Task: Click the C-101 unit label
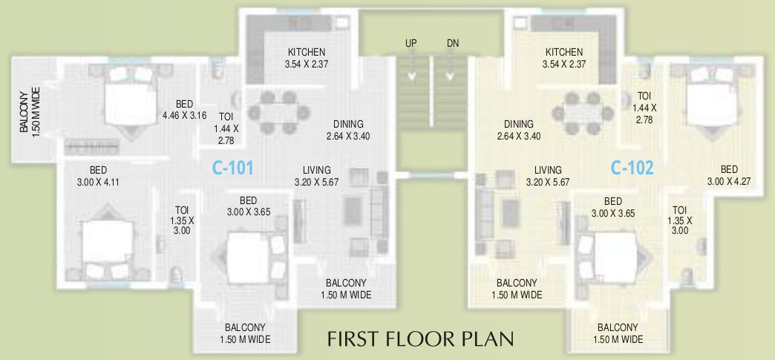(232, 168)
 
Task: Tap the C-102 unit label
(632, 168)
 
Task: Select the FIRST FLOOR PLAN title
(421, 339)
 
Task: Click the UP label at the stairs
(411, 43)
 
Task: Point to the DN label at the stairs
(453, 43)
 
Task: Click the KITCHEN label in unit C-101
(306, 58)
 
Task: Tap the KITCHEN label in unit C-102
(564, 58)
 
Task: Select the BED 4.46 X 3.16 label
(184, 110)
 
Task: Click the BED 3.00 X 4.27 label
(729, 175)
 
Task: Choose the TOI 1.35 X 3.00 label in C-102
(679, 220)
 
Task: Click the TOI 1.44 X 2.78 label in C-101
(226, 128)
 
